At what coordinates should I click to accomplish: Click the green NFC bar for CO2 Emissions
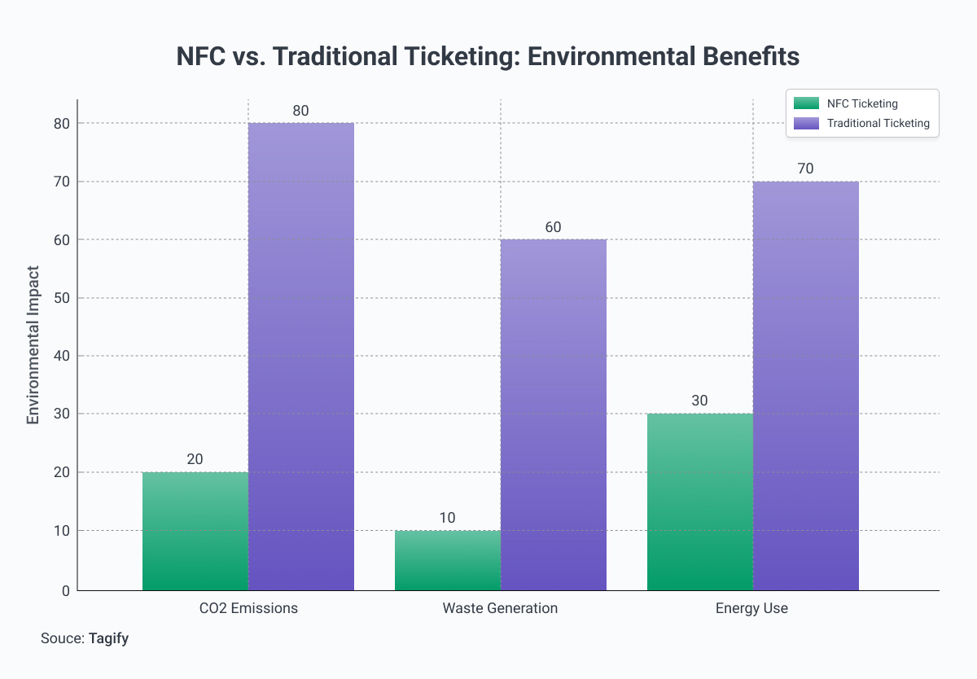[x=195, y=531]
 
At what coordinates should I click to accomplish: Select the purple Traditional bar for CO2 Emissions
[x=301, y=357]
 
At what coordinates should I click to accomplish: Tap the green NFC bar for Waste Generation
[x=448, y=560]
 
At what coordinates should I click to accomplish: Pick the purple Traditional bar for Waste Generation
[x=554, y=414]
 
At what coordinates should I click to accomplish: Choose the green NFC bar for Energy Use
[x=700, y=502]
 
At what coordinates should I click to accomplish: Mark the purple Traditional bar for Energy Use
[x=806, y=386]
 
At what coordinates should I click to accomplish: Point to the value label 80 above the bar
[x=301, y=111]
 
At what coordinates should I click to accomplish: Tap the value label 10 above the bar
[x=448, y=518]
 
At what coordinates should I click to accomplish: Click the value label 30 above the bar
[x=700, y=401]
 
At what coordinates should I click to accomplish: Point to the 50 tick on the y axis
[x=63, y=298]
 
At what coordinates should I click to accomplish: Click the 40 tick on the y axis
[x=63, y=357]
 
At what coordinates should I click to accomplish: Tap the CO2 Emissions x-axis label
[x=248, y=608]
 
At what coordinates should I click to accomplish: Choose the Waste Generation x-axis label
[x=500, y=608]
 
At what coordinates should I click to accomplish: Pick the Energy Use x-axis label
[x=752, y=608]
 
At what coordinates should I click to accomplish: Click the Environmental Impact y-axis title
[x=33, y=344]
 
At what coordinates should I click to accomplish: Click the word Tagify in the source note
[x=108, y=639]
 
